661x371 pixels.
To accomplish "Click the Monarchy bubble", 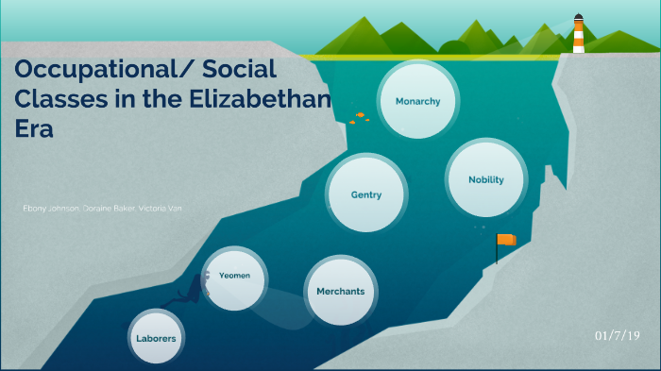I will [x=417, y=100].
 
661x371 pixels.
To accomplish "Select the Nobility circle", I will [x=485, y=179].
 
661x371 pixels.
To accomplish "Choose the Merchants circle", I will [x=340, y=291].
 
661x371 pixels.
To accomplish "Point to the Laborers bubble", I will [x=155, y=337].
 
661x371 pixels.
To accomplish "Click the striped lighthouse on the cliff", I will [x=578, y=37].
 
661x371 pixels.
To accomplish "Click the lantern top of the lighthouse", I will [x=578, y=19].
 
